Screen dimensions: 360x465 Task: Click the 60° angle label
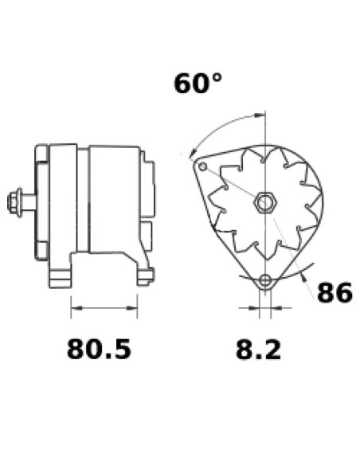(x=198, y=84)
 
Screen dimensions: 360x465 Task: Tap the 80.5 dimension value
(x=99, y=350)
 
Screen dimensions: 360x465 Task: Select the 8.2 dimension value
(x=258, y=350)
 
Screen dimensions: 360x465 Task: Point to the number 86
(x=335, y=292)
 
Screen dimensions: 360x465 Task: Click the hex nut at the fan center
(x=264, y=202)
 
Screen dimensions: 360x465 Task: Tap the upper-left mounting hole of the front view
(x=203, y=166)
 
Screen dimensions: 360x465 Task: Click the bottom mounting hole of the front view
(x=265, y=280)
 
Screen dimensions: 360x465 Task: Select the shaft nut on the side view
(x=14, y=202)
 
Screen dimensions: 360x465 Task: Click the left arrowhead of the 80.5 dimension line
(x=76, y=308)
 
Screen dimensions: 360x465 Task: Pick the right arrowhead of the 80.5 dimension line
(x=132, y=308)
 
